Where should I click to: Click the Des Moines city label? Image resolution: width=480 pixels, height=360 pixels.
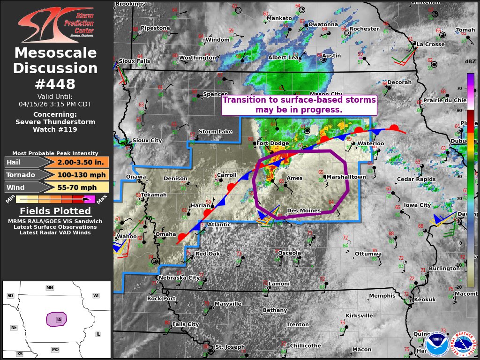(304, 211)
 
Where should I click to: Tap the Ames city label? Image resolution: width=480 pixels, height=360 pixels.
(294, 178)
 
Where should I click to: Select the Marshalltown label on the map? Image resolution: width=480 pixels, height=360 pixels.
(346, 177)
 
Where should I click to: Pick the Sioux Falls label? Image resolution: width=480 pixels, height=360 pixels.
(135, 61)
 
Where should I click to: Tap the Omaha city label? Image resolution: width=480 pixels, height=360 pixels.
(165, 234)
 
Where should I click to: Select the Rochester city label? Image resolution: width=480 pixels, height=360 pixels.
(364, 29)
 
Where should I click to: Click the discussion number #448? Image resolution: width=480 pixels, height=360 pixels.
(55, 84)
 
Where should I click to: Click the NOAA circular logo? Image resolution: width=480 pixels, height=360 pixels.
(437, 345)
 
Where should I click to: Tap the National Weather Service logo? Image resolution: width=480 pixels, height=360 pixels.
(464, 345)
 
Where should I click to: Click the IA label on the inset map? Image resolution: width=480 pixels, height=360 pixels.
(59, 320)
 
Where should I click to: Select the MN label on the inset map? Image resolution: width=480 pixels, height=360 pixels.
(49, 287)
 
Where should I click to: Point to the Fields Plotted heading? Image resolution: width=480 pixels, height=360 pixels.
(55, 211)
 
